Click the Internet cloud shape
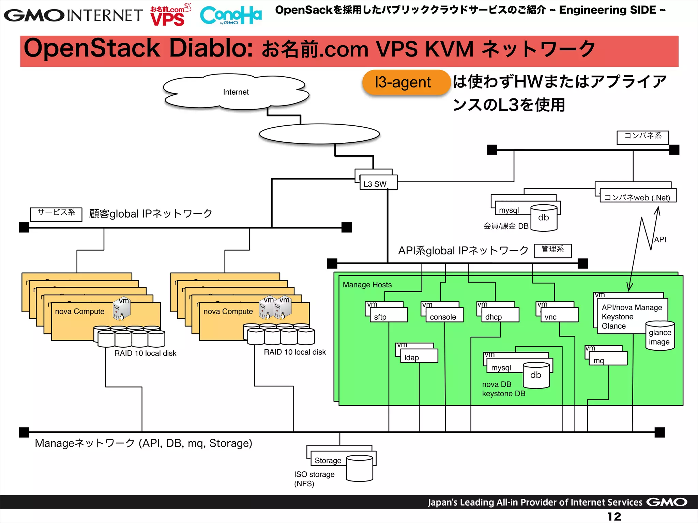[x=236, y=92]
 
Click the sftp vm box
[x=388, y=315]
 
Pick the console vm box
[x=444, y=315]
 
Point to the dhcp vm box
[x=500, y=315]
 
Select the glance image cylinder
[x=660, y=336]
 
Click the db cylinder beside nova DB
[x=536, y=375]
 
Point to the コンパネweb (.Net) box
[x=637, y=197]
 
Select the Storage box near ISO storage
[x=328, y=460]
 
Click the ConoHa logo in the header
[x=231, y=15]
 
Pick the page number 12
[x=614, y=516]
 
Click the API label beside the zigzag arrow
[x=660, y=239]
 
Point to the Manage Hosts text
[x=367, y=285]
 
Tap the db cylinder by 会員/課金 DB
[x=544, y=218]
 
